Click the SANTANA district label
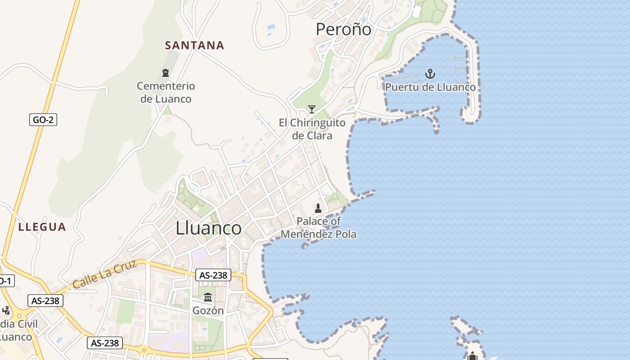194,45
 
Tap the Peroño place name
344,30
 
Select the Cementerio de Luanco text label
166,92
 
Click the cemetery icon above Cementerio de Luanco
166,73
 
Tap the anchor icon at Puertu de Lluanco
430,73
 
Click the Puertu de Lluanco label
430,87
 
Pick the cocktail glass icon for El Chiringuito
311,109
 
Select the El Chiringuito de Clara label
312,129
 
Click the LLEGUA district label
42,227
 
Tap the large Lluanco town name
208,228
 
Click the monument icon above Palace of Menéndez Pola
318,208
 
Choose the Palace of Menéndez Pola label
319,228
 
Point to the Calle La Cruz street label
104,275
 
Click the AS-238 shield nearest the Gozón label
213,275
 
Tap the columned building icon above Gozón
208,297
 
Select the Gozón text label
208,310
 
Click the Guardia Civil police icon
6,310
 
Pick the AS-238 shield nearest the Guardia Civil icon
45,301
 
